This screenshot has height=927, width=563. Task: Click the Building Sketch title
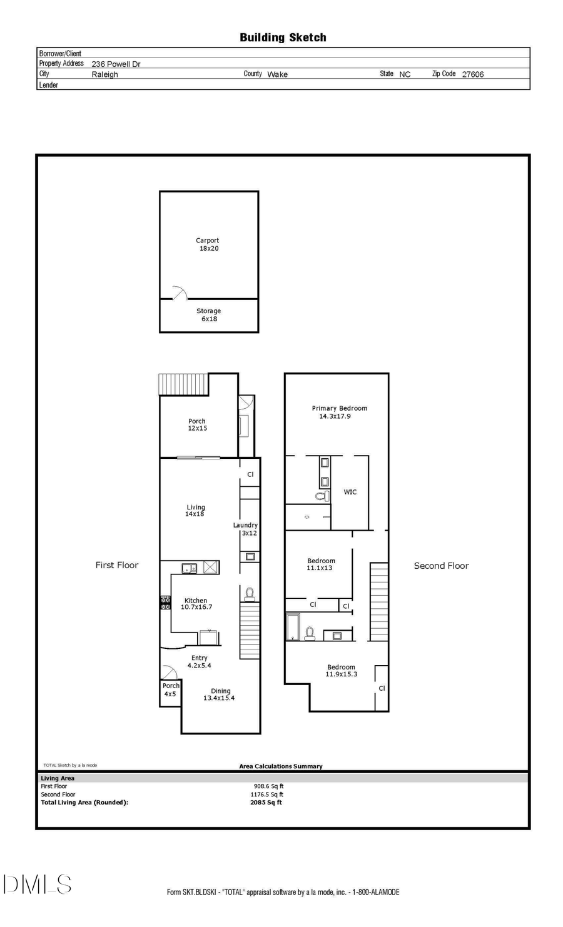point(283,38)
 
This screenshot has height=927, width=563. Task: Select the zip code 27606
point(472,74)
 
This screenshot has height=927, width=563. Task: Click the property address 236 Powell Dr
point(116,64)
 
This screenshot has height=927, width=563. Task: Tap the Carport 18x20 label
point(208,244)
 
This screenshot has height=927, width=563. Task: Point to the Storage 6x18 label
point(208,315)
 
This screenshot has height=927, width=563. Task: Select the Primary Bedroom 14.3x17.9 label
point(339,412)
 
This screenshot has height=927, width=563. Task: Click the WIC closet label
point(350,492)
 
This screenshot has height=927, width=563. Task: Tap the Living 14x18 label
point(195,511)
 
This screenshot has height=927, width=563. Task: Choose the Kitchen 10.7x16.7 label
point(196,604)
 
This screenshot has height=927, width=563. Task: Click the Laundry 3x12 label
point(246,529)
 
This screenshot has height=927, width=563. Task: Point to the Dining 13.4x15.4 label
point(220,694)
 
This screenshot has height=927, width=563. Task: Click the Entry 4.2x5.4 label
point(199,661)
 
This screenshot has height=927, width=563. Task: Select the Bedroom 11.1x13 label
point(320,564)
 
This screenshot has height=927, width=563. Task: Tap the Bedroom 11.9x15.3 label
point(341,671)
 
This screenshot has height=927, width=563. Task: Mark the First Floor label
point(116,565)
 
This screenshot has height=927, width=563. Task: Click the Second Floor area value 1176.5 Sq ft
point(266,794)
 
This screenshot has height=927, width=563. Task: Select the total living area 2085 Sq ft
point(266,803)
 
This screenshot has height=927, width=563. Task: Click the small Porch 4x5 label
point(170,690)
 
